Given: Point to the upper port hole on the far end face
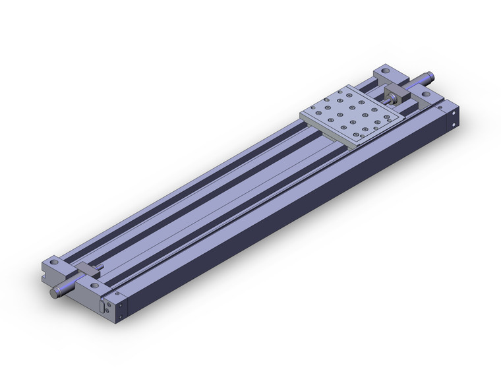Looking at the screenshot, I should [455, 113].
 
